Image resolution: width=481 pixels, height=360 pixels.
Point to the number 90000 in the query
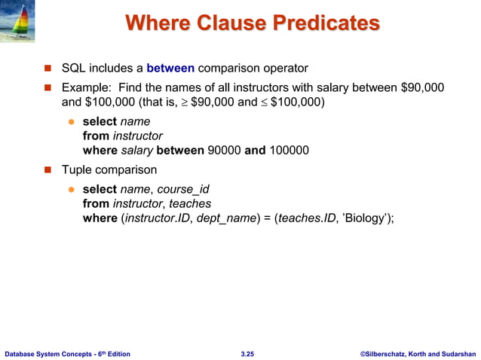click(225, 150)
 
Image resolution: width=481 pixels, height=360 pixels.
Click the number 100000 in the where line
click(288, 150)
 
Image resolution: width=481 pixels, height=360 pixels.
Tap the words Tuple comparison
click(109, 169)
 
